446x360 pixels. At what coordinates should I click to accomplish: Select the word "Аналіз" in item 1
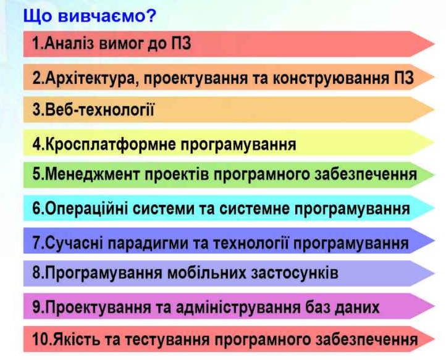(x=69, y=44)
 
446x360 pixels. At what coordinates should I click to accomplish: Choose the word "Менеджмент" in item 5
(x=93, y=174)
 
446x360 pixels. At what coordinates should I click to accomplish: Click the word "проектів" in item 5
(x=177, y=175)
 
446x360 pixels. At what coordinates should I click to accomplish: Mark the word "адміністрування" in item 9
(x=238, y=308)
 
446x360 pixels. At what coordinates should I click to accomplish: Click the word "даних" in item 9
(x=357, y=308)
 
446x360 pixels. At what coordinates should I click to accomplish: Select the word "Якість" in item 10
(x=75, y=340)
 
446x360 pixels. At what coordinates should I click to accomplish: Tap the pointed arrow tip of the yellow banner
(x=435, y=143)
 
